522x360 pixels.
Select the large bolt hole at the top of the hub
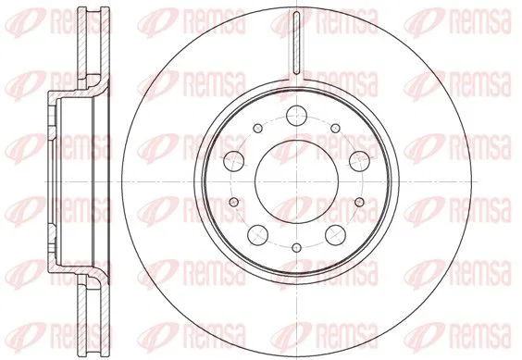[x=296, y=116]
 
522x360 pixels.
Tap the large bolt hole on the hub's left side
[x=234, y=161]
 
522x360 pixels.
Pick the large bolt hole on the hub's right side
[x=359, y=161]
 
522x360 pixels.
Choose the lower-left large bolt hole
[x=258, y=234]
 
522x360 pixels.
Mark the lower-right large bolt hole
[x=335, y=234]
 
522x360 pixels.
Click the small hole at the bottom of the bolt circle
[x=296, y=248]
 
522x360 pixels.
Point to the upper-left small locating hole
[x=257, y=129]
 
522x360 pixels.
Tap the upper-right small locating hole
[x=336, y=129]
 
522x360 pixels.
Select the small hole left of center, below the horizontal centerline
[x=234, y=202]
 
